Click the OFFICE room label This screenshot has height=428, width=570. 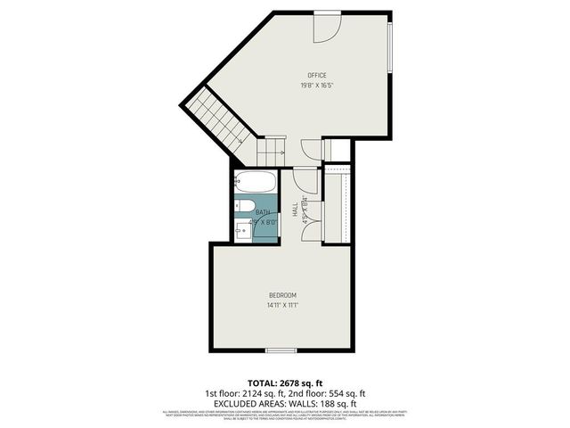[316, 75]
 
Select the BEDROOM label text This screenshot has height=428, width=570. [282, 295]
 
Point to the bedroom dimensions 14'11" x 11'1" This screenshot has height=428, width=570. [282, 306]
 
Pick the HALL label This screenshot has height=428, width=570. [295, 210]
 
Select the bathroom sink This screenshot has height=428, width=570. [243, 231]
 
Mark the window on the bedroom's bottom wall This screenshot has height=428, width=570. [281, 349]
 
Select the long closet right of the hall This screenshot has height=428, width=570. [336, 207]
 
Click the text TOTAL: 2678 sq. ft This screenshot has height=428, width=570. [284, 383]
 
